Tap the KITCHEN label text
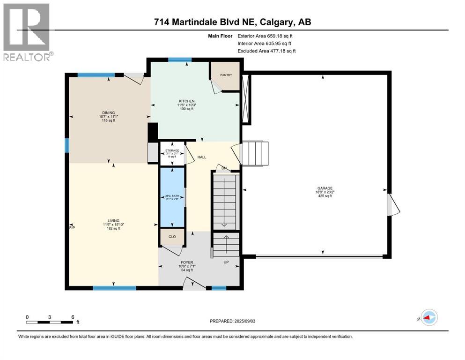pos(186,101)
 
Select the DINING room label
pos(109,112)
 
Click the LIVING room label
pos(114,221)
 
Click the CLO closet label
pos(172,237)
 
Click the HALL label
pos(201,157)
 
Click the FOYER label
pos(187,262)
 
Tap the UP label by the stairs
pos(226,262)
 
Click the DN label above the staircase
pos(224,168)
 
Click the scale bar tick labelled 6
pos(73,317)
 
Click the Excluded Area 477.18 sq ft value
pos(266,51)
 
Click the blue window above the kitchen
pos(180,60)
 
